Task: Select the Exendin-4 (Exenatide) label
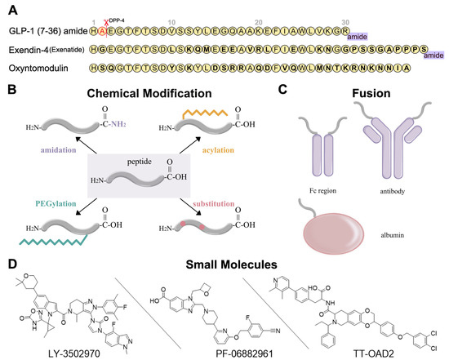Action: pos(42,48)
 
